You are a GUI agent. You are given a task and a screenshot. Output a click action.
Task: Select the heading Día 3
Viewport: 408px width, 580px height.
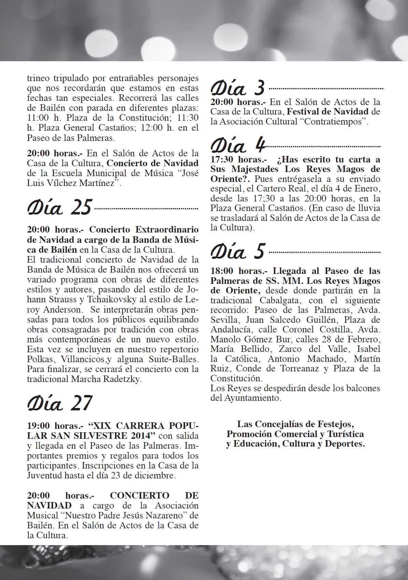(x=238, y=88)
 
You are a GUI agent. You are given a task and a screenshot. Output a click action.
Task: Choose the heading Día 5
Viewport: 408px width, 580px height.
(x=238, y=251)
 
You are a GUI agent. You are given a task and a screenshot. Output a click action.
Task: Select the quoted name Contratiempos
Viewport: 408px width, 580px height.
(x=333, y=121)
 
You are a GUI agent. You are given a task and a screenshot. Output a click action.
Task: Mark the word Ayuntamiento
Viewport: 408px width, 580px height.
(x=252, y=398)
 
